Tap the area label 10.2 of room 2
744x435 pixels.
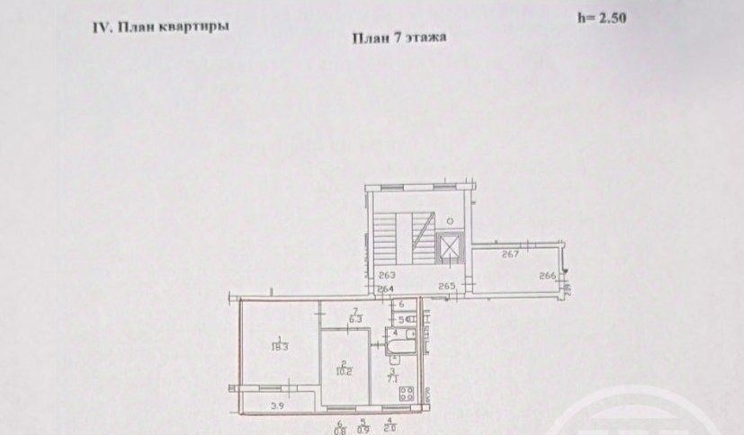[342, 367]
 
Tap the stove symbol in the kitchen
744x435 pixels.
[407, 392]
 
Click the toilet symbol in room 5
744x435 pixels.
[405, 318]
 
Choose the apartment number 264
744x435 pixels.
[385, 289]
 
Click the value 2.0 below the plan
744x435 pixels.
[388, 429]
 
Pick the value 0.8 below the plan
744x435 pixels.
[339, 429]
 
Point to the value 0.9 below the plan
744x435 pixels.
[363, 429]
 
